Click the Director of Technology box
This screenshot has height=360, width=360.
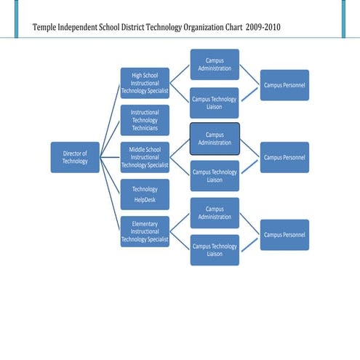click(75, 157)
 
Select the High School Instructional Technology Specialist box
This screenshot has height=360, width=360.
click(145, 83)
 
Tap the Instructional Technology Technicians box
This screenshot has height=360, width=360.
click(145, 120)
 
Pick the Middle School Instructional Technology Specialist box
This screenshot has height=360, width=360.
click(145, 157)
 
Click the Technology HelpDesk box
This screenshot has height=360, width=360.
click(145, 194)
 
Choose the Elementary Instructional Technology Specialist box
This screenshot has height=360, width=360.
click(145, 231)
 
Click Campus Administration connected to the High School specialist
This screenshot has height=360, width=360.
click(215, 64)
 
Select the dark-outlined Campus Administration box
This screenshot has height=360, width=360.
click(215, 138)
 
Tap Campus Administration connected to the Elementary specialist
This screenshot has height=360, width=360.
click(215, 212)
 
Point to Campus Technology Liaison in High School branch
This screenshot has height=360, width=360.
click(215, 103)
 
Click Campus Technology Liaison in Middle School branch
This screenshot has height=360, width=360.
click(215, 176)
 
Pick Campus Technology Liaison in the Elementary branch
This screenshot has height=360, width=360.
click(215, 250)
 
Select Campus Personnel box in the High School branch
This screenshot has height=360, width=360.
click(284, 85)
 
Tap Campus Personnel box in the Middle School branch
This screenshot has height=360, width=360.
click(284, 157)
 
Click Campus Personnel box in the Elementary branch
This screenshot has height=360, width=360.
click(284, 234)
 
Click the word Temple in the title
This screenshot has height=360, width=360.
click(48, 28)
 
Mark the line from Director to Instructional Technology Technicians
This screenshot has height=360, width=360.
click(110, 138)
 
